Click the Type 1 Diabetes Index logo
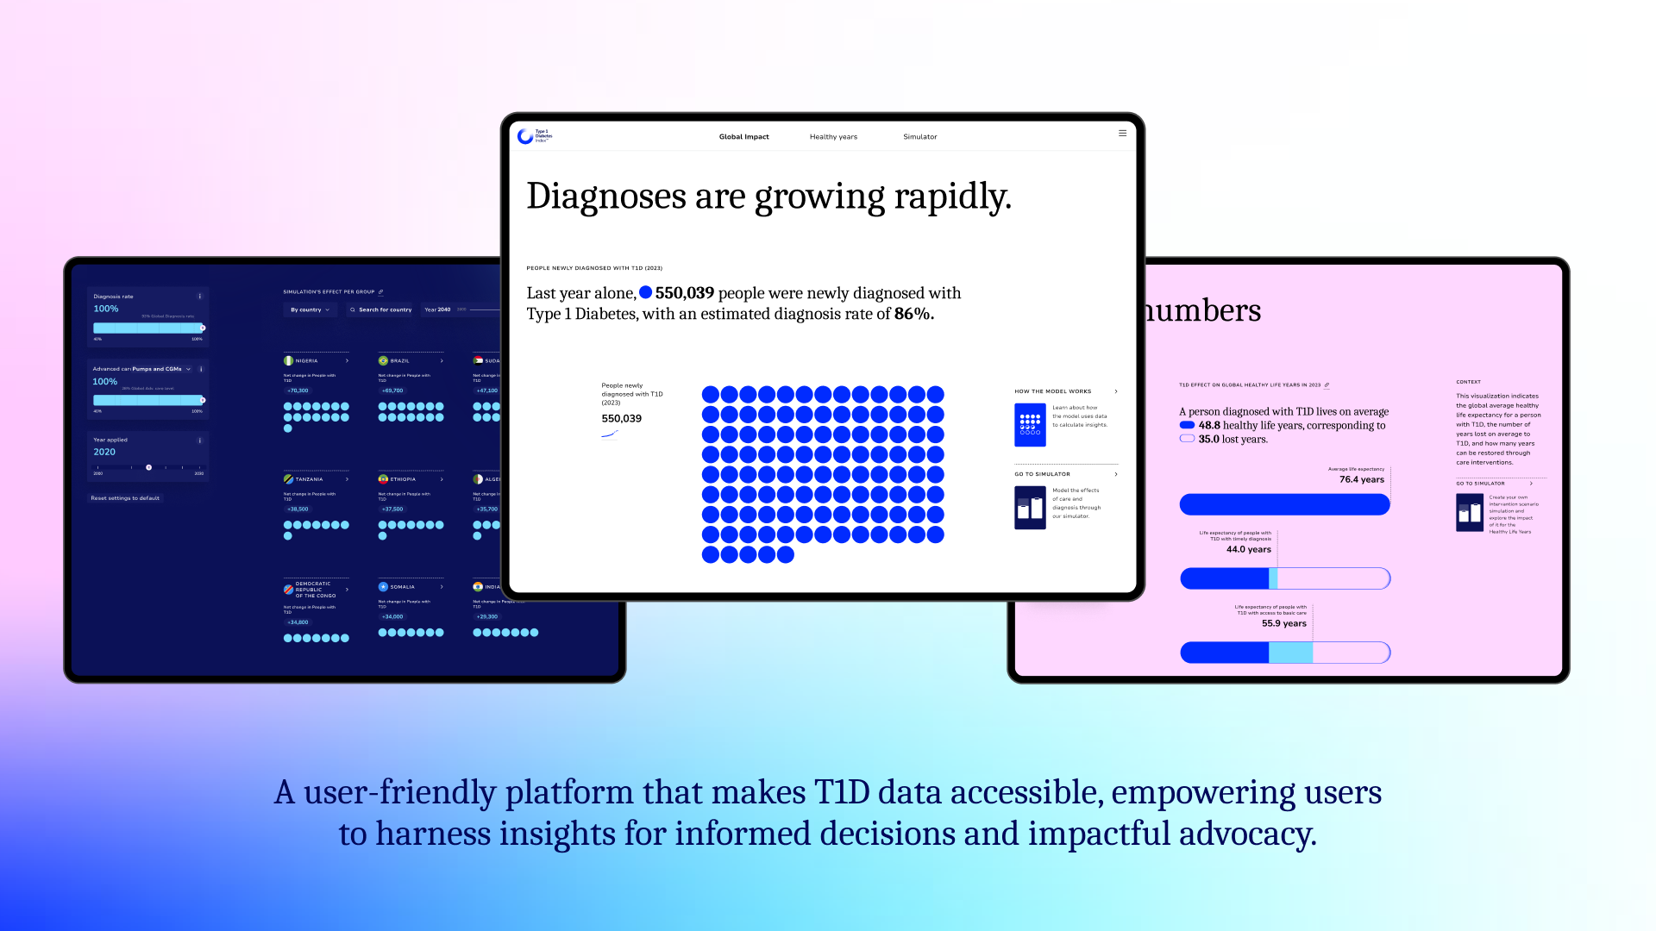[x=534, y=136]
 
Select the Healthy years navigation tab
[x=833, y=137]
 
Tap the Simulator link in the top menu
[x=919, y=137]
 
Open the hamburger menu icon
[x=1122, y=134]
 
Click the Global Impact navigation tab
[x=743, y=137]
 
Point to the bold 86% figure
[x=913, y=315]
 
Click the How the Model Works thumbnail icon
[x=1030, y=425]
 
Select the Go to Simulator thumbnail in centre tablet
[x=1030, y=508]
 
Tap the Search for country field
[x=381, y=309]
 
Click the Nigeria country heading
[x=306, y=361]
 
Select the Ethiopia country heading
[x=403, y=479]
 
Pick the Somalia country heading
[x=402, y=587]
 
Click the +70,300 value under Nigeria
[x=298, y=391]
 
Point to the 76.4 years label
[x=1361, y=480]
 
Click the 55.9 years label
[x=1283, y=624]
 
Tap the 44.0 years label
[x=1248, y=550]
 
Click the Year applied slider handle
[x=148, y=467]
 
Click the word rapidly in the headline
[x=952, y=197]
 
